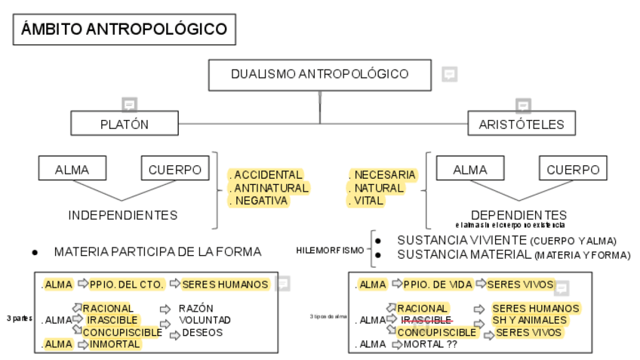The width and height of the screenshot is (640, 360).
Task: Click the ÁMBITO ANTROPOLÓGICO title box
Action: point(124,30)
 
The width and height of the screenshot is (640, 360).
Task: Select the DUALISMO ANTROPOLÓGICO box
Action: point(320,74)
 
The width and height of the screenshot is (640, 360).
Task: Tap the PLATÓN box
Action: point(125,125)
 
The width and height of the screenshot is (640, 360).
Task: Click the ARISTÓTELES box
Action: point(516,125)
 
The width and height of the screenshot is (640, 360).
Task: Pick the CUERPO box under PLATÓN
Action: point(175,170)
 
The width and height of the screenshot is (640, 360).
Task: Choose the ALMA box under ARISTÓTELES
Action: point(469,170)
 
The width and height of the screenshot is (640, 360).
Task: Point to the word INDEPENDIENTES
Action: point(123,215)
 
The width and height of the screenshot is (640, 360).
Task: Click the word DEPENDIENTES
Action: point(518,215)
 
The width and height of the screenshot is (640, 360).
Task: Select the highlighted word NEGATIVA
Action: point(261,201)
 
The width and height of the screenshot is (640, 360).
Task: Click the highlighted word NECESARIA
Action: point(385,175)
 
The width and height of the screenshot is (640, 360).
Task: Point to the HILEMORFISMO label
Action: point(330,250)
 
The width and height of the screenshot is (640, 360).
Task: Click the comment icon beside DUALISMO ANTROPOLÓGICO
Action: point(450,74)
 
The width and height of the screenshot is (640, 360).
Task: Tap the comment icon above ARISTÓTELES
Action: point(523,105)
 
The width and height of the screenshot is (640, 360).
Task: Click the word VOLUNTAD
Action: point(205,320)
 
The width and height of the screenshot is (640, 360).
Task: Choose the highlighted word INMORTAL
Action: point(115,344)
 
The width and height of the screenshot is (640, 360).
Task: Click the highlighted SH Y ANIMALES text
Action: point(529,320)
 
